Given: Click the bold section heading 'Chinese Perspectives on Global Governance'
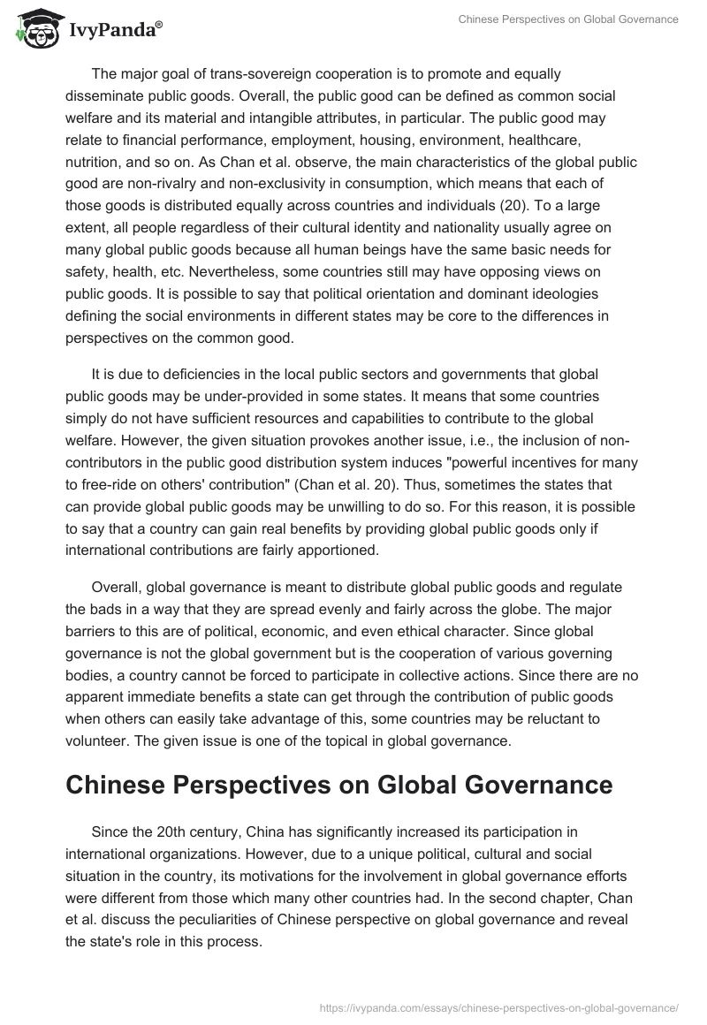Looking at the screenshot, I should point(338,785).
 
